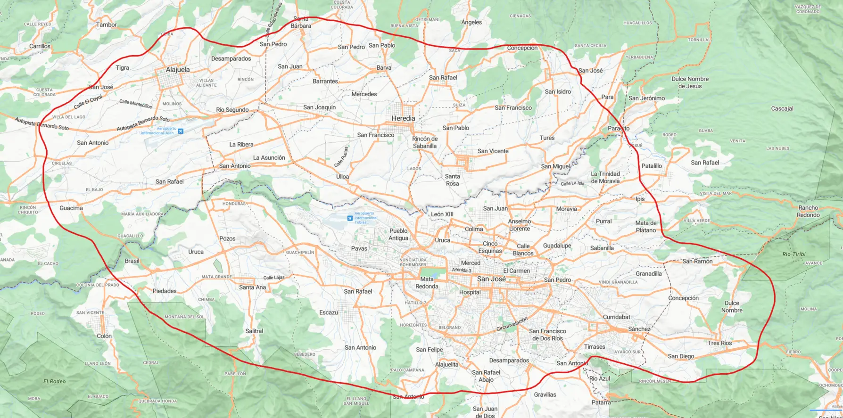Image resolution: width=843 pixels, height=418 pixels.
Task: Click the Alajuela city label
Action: [178, 70]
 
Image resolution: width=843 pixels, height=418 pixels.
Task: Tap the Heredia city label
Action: [403, 118]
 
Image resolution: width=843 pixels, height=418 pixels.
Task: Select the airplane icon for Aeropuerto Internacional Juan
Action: [181, 131]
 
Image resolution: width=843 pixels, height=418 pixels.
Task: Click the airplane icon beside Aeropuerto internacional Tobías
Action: [349, 218]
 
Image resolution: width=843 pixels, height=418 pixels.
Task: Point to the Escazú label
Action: [329, 312]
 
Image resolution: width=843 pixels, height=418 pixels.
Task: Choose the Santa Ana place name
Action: [252, 287]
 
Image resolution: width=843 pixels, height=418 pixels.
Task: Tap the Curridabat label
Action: [617, 317]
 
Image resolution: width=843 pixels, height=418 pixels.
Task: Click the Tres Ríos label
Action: [719, 343]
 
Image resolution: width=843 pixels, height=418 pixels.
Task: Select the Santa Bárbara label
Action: [301, 22]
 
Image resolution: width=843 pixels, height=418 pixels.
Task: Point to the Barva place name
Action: [384, 68]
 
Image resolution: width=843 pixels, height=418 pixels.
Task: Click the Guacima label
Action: [71, 208]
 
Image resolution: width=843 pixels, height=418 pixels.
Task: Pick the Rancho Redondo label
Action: [808, 211]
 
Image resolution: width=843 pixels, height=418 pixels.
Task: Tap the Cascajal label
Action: [782, 108]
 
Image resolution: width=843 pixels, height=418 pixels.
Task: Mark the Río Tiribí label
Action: [794, 254]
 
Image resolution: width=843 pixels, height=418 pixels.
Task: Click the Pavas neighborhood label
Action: [359, 248]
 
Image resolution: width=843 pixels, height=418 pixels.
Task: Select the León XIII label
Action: [442, 214]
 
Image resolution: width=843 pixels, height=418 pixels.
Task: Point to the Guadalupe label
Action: [557, 246]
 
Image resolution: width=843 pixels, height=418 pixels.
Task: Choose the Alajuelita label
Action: [446, 364]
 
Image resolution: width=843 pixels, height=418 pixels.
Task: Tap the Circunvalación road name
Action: [512, 324]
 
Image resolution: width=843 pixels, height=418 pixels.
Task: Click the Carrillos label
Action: [40, 46]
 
